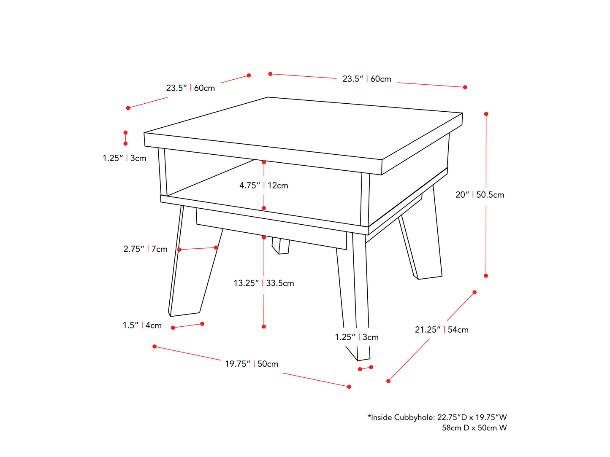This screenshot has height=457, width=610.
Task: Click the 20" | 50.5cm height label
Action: coord(480,195)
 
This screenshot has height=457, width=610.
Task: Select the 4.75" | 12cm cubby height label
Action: coord(264,185)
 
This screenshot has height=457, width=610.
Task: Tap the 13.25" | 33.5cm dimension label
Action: coord(264,283)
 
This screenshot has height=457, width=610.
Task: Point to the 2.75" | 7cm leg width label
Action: coord(145,249)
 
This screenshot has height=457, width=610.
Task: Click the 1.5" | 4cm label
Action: coord(142,325)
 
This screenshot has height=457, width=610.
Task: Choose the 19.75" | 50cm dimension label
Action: coord(252,364)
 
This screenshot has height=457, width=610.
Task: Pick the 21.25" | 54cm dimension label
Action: coord(442,330)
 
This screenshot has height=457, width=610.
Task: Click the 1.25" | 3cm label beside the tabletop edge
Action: coord(124,158)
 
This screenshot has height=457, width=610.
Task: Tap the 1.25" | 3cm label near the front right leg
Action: coord(357,337)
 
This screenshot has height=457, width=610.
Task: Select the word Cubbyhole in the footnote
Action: coord(415,417)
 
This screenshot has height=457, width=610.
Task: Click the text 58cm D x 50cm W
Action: coord(474,428)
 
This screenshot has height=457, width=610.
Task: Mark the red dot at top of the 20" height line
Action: coord(486,114)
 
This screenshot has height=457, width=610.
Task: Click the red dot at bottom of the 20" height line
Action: coord(486,276)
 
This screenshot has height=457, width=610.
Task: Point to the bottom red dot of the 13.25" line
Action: coord(264,327)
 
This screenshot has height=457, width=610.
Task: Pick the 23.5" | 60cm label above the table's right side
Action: coord(366,79)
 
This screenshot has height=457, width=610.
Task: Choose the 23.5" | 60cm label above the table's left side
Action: coord(190,88)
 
